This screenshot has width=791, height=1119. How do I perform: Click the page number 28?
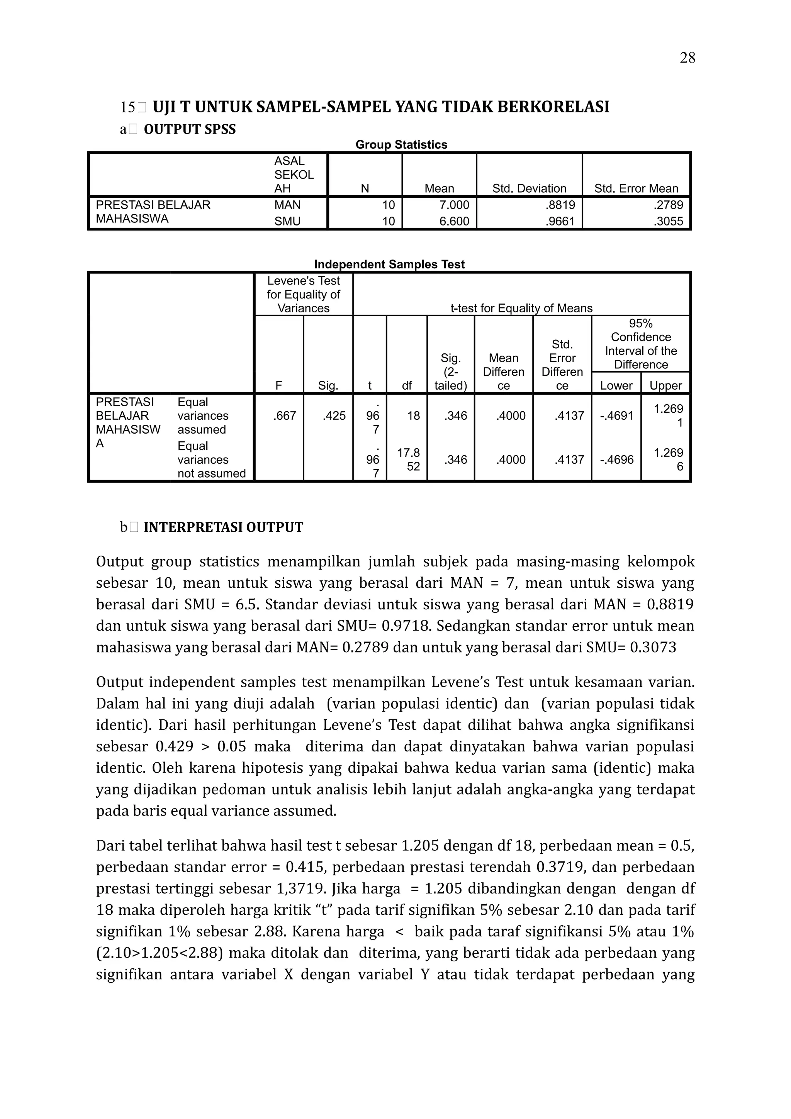687,58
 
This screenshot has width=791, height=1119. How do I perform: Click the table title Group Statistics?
401,145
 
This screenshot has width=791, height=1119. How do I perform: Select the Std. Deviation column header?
529,188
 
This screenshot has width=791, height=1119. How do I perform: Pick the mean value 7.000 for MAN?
454,205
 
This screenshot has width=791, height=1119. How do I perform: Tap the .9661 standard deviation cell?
560,221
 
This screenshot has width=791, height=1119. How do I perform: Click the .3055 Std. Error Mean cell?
668,221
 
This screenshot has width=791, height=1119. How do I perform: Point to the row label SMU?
287,221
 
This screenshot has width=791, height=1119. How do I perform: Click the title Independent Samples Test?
389,264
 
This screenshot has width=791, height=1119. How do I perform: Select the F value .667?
285,416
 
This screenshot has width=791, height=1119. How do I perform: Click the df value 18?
413,416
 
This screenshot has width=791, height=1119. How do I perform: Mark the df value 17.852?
408,459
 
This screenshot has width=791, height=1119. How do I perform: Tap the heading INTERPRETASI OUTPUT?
223,527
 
